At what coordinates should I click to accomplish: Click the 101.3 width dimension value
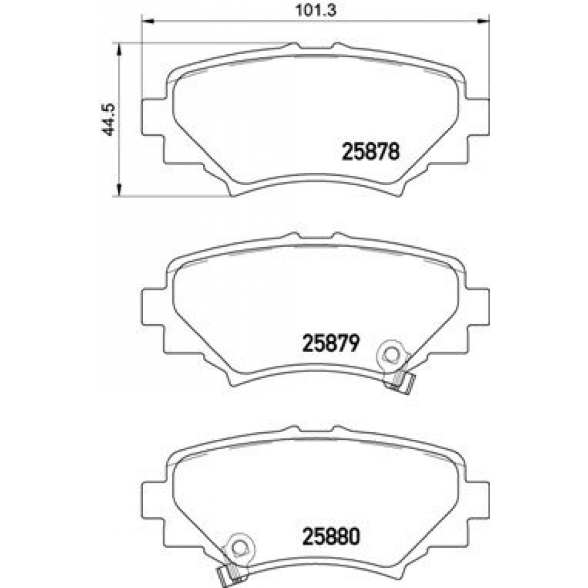click(316, 10)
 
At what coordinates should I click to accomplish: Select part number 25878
click(371, 152)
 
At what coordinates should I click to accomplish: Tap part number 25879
click(330, 343)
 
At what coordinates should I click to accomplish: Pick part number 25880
click(330, 537)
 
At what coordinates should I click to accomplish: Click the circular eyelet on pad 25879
click(392, 355)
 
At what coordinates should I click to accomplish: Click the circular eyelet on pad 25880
click(238, 549)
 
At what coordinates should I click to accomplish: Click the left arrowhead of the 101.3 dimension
click(148, 21)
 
